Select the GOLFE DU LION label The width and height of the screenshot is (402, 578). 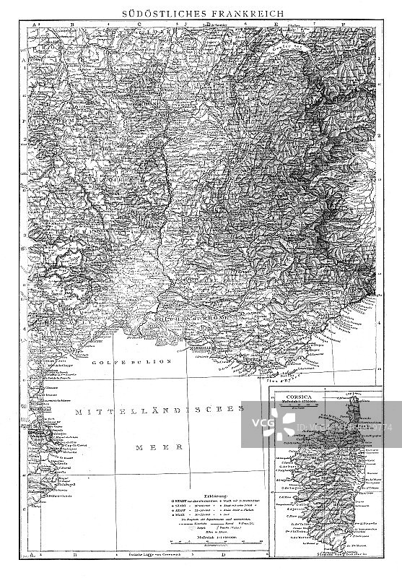tap(134, 360)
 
